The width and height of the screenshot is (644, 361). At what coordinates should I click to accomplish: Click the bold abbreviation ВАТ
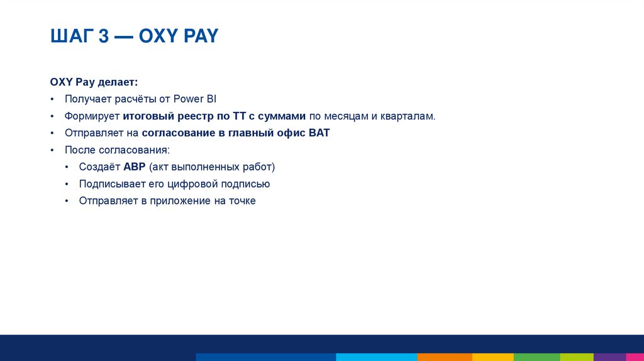pyautogui.click(x=319, y=133)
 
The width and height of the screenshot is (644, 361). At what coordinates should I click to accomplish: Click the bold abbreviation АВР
pyautogui.click(x=135, y=167)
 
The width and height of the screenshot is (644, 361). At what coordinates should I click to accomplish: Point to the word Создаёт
pyautogui.click(x=100, y=167)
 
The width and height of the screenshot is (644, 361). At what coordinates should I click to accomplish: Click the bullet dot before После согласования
pyautogui.click(x=52, y=150)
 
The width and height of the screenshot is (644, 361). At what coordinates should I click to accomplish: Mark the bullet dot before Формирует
pyautogui.click(x=52, y=116)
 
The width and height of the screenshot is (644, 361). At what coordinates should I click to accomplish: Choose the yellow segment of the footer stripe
pyautogui.click(x=491, y=357)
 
